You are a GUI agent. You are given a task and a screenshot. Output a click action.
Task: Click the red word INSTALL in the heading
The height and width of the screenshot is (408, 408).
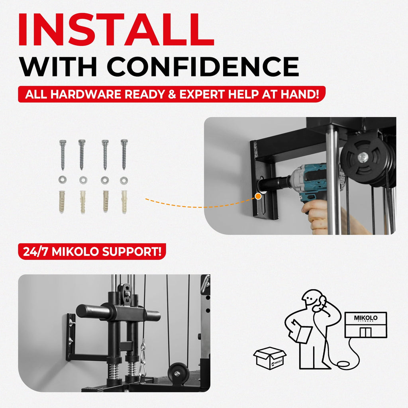tap(116, 29)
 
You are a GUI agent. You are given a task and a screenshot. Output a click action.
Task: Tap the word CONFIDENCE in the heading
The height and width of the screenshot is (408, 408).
tap(203, 67)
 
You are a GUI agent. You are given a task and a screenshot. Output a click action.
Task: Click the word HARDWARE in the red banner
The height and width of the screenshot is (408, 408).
tap(86, 94)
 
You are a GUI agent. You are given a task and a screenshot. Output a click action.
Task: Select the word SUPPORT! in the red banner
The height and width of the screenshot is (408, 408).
tap(132, 252)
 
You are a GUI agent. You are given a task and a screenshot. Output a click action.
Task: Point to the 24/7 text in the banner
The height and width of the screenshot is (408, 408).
tap(35, 252)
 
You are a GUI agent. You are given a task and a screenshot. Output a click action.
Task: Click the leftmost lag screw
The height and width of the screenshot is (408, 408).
tap(63, 155)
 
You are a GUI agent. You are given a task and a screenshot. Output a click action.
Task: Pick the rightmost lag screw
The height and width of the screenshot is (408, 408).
tap(124, 155)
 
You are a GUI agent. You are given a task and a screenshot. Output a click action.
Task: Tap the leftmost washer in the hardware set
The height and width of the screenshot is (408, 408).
tap(62, 180)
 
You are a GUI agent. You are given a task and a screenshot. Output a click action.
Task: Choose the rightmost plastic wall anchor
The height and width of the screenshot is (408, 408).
tap(124, 202)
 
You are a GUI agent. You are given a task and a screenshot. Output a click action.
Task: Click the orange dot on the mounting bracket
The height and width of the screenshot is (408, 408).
tap(258, 196)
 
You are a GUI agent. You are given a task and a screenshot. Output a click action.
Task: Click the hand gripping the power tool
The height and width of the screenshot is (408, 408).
tap(316, 216)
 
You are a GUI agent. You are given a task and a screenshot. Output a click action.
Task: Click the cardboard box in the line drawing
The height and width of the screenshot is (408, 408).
tap(270, 358)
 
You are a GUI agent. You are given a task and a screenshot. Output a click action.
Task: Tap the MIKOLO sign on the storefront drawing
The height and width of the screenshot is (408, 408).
tap(366, 318)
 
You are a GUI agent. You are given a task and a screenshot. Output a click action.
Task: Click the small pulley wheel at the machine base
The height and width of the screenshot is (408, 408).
tap(178, 374)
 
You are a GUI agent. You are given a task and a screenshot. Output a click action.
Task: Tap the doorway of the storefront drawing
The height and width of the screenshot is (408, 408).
tap(366, 332)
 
